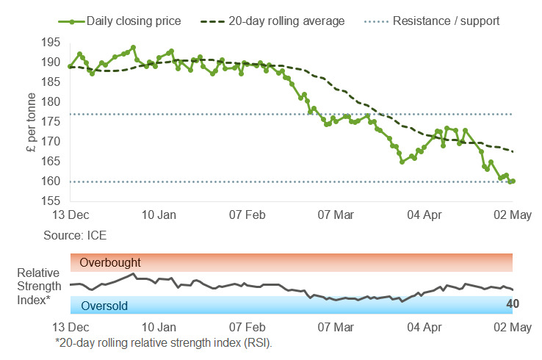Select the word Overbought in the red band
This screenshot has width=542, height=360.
[109, 262]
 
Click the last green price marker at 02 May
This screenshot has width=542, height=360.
[512, 181]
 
